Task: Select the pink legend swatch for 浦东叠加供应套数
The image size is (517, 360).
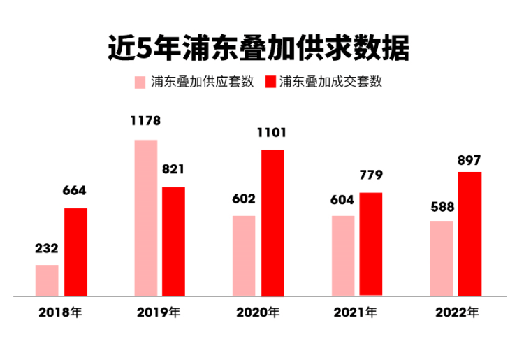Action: click(x=140, y=82)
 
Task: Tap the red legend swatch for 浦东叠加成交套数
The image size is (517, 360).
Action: click(x=270, y=82)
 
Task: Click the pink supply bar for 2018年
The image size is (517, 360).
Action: click(x=47, y=280)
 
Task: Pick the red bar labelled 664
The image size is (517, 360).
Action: click(x=75, y=252)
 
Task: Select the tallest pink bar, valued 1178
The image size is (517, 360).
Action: click(x=145, y=218)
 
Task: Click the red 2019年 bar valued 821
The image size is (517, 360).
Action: click(x=173, y=241)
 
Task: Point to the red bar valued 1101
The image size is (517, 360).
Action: click(x=272, y=222)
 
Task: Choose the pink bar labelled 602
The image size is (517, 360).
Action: click(x=244, y=256)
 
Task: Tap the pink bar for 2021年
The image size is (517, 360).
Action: click(x=343, y=256)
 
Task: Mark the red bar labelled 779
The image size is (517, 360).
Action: click(x=371, y=244)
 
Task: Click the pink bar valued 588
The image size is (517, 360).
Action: click(x=442, y=258)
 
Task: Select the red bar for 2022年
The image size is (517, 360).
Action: click(x=469, y=233)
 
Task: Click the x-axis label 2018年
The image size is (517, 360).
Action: click(x=60, y=312)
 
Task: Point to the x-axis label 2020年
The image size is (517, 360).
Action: click(x=258, y=312)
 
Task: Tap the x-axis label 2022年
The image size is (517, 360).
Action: click(x=457, y=312)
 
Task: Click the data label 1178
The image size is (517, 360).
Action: click(x=145, y=121)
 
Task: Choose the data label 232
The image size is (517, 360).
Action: click(x=47, y=248)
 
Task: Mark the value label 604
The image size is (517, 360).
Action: click(x=343, y=200)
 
